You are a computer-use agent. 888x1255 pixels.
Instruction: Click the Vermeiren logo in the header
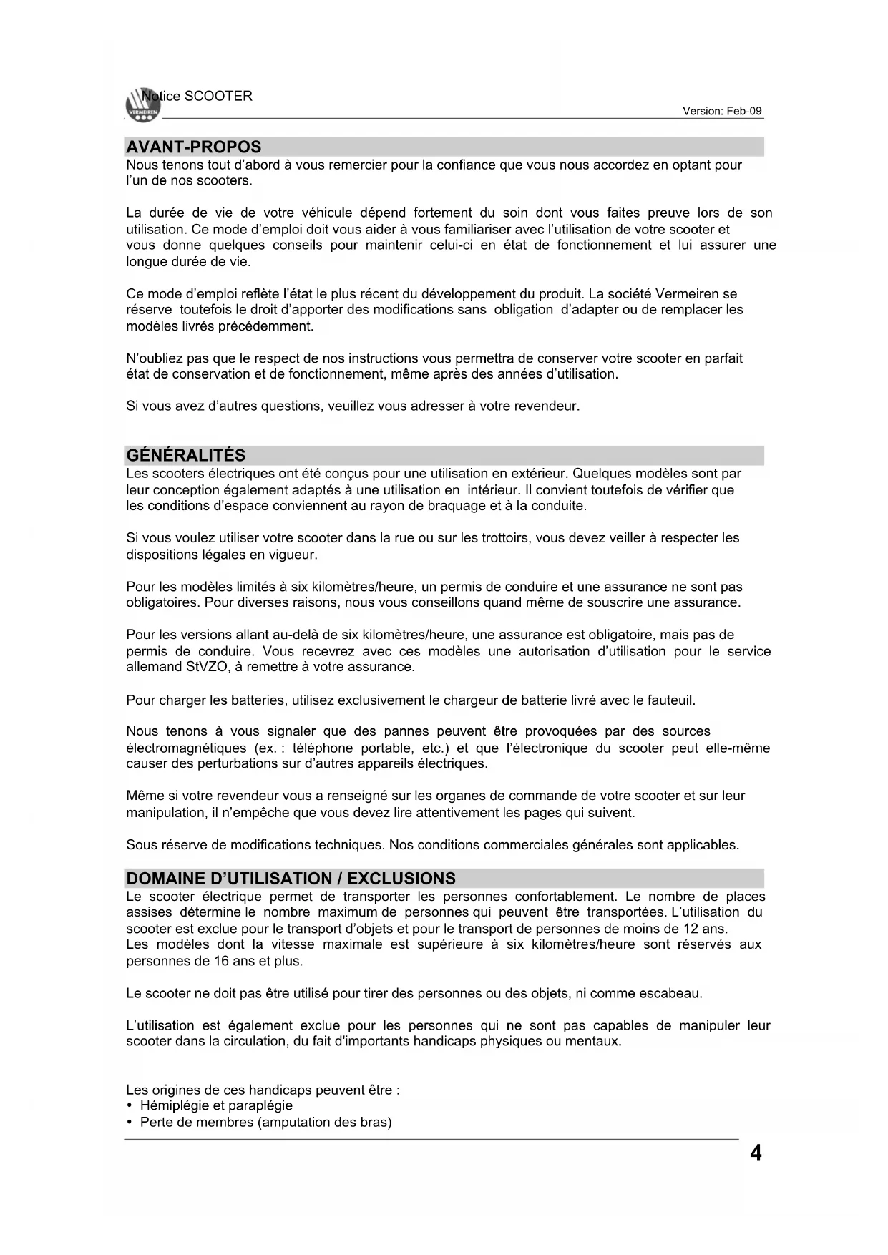141,106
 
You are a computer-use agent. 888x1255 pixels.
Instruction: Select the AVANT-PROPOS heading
193,147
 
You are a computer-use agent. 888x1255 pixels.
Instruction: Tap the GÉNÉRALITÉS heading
185,456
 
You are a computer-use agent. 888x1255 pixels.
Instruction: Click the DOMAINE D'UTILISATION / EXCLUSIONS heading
291,879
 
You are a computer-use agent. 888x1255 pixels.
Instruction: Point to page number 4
756,1153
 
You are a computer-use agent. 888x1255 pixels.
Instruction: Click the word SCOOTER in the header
218,97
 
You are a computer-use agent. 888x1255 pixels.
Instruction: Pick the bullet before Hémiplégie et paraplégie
129,1106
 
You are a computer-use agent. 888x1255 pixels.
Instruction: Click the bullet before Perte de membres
129,1123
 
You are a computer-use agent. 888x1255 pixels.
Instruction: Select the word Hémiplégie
171,1106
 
